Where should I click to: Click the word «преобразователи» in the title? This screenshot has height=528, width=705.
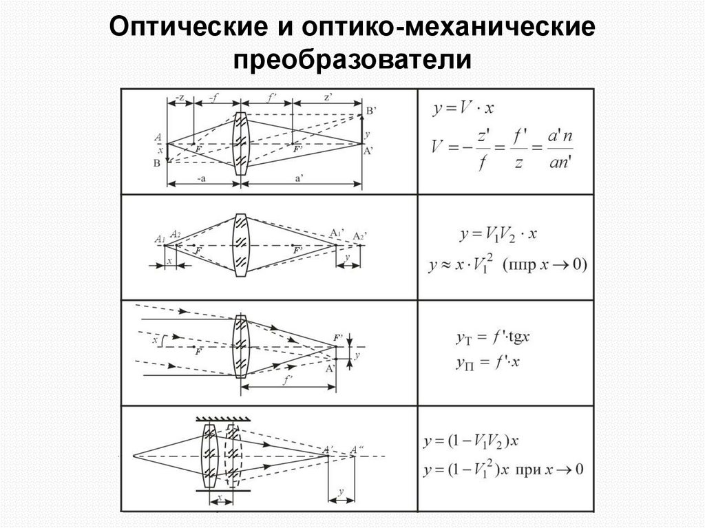click(x=352, y=61)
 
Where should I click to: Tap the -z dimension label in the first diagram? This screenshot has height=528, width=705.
click(x=180, y=98)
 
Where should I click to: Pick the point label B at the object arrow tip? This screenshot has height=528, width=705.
click(x=158, y=162)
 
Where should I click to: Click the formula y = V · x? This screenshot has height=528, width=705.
click(x=464, y=108)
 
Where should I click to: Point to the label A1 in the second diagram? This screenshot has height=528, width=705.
click(x=159, y=240)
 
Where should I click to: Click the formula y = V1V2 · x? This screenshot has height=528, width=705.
click(x=498, y=235)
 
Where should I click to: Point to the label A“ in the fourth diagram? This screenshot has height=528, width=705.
click(x=357, y=450)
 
